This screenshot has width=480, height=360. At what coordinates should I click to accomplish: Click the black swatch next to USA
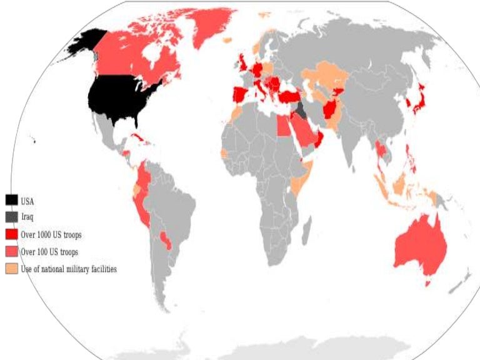[x=12, y=201]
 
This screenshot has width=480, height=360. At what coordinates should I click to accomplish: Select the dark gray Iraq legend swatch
[x=12, y=217]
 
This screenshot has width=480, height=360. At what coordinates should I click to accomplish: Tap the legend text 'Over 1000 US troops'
[x=52, y=235]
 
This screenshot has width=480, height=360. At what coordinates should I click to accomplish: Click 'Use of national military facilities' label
[x=69, y=269]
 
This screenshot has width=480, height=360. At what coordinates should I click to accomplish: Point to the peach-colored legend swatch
[x=12, y=269]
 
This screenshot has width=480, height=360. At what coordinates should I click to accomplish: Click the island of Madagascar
[x=306, y=232]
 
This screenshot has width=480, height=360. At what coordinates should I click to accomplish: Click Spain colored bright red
[x=241, y=96]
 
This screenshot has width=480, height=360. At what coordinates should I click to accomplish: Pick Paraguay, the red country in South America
[x=165, y=239]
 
